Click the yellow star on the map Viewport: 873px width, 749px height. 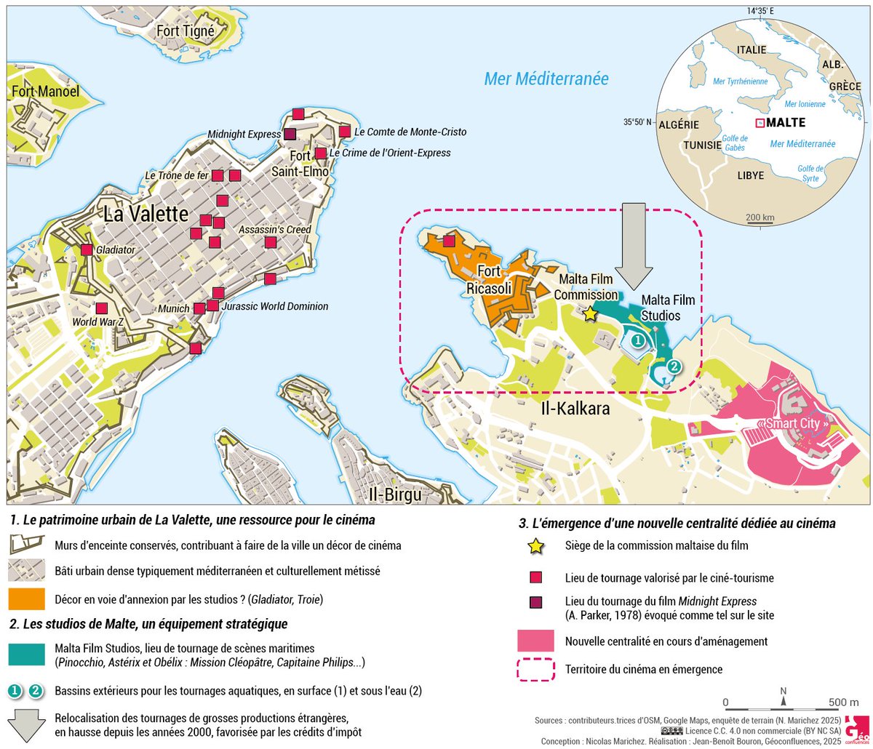point(590,313)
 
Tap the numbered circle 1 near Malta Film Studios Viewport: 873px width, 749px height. point(637,340)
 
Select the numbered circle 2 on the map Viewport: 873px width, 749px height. point(674,367)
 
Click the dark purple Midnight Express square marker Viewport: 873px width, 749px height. point(289,135)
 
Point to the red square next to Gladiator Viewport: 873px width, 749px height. point(87,250)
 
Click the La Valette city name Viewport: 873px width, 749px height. point(146,214)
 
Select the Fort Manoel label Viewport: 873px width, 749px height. point(45,92)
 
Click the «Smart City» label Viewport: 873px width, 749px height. point(794,423)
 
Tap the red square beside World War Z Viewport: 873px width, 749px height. point(102,308)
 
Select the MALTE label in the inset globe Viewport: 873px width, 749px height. point(786,122)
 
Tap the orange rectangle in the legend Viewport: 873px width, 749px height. point(28,600)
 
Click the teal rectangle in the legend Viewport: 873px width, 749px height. point(28,654)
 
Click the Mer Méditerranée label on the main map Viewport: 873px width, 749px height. point(546,79)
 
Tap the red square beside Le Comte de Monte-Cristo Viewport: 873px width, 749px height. point(344,132)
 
